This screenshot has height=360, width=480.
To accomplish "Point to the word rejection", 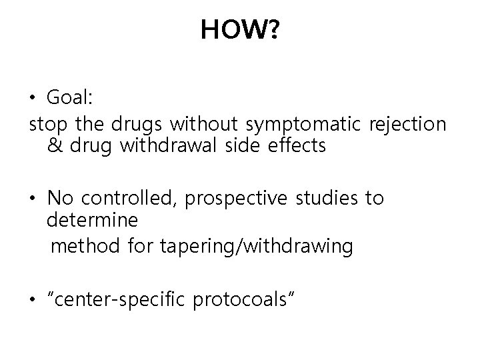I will tap(406, 123).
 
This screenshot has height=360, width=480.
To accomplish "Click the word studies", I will tap(324, 199).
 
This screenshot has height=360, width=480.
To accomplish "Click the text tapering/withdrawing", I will tap(257, 247).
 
